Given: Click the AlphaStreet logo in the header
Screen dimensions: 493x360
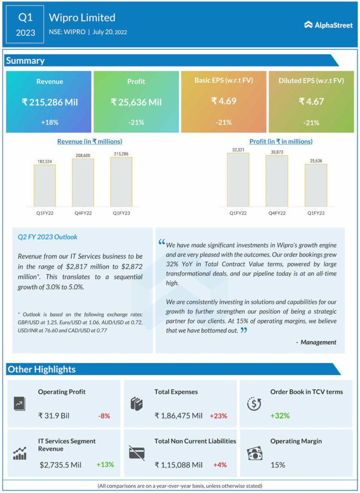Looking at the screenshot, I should pyautogui.click(x=328, y=25).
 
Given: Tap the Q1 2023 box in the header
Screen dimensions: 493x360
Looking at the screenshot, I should pyautogui.click(x=26, y=25).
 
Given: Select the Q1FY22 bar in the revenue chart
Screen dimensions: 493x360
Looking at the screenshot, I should pyautogui.click(x=44, y=186).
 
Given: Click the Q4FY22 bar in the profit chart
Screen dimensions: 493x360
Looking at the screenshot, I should pyautogui.click(x=277, y=181).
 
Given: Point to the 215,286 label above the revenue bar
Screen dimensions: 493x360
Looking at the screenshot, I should pyautogui.click(x=121, y=153).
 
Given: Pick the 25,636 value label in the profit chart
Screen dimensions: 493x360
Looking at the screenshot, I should pyautogui.click(x=315, y=160).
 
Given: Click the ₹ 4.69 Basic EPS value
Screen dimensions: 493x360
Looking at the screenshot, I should pyautogui.click(x=223, y=101).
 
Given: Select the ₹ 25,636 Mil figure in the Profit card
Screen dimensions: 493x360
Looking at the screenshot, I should pyautogui.click(x=136, y=102).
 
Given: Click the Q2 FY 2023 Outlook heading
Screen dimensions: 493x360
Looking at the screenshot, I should pyautogui.click(x=47, y=237).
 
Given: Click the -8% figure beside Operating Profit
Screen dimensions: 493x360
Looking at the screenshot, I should pyautogui.click(x=103, y=415).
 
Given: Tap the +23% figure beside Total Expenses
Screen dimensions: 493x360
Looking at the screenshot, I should pyautogui.click(x=218, y=415).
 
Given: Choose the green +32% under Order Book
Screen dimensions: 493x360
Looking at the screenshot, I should pyautogui.click(x=280, y=415).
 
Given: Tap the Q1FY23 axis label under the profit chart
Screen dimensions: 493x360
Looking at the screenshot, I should pyautogui.click(x=315, y=212).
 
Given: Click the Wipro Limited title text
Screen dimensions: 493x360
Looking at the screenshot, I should pyautogui.click(x=82, y=18).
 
